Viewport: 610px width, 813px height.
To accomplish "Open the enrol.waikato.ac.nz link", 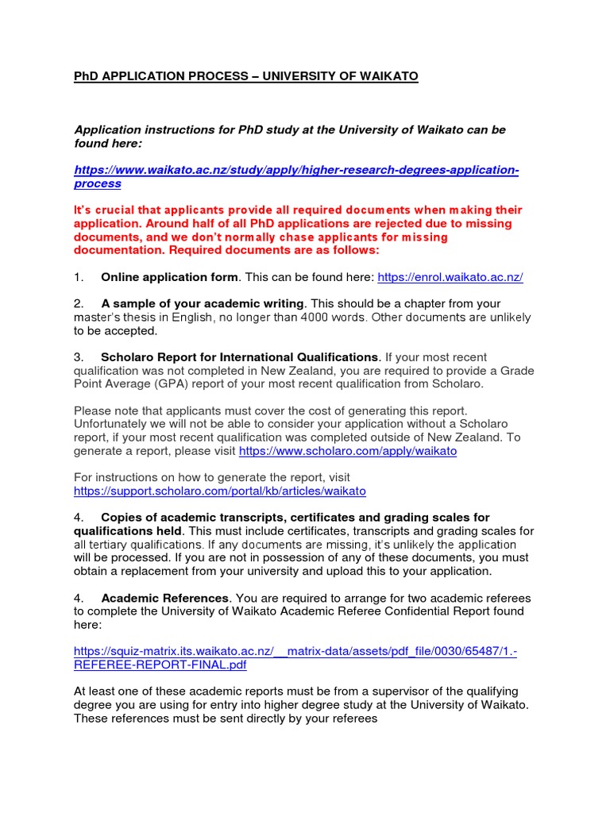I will pos(450,277).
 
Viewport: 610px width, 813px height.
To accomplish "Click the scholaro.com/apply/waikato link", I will pos(348,450).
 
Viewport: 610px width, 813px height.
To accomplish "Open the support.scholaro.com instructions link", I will pos(220,491).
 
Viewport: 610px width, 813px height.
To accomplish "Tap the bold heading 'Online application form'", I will pos(169,277).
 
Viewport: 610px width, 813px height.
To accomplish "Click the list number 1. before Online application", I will pos(79,277).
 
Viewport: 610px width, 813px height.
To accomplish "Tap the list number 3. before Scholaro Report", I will pos(79,357).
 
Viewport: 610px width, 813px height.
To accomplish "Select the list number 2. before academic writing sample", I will pos(79,304).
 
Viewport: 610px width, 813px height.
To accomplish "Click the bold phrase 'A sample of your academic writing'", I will pos(203,304).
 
